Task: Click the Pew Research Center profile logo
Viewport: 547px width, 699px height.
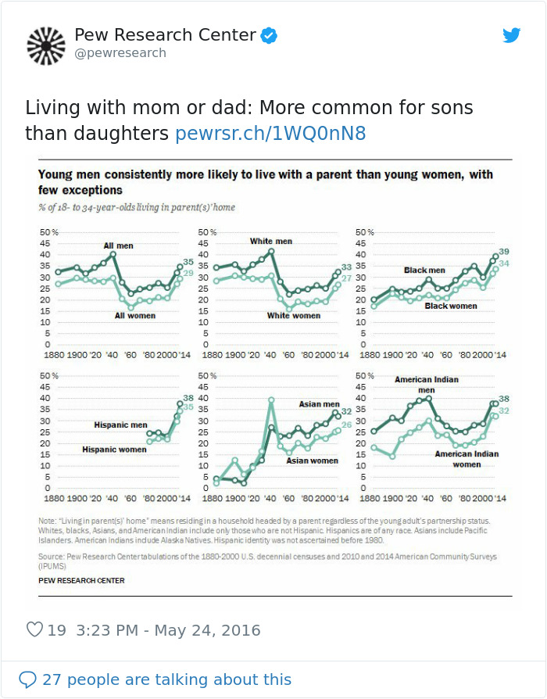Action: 46,45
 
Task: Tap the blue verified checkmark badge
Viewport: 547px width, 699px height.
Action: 270,35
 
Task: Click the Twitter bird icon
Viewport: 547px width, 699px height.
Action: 511,35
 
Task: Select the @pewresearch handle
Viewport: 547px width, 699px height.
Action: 120,53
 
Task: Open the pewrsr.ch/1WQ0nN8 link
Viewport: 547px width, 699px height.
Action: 270,134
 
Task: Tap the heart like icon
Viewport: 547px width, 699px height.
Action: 34,630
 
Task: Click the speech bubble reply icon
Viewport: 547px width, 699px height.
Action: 28,679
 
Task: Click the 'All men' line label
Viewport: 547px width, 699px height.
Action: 119,246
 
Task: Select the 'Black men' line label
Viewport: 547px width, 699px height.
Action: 424,270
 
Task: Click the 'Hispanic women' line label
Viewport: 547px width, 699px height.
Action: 114,450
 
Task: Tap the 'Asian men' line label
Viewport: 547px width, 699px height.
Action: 319,404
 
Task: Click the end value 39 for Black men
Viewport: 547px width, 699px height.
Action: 504,251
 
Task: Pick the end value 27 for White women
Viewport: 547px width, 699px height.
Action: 346,278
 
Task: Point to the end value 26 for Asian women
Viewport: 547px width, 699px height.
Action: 347,425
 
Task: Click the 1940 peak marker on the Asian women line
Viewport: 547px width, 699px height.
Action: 271,400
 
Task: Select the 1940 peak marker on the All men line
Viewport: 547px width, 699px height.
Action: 113,254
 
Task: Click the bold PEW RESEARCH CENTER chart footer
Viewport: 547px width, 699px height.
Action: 81,581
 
